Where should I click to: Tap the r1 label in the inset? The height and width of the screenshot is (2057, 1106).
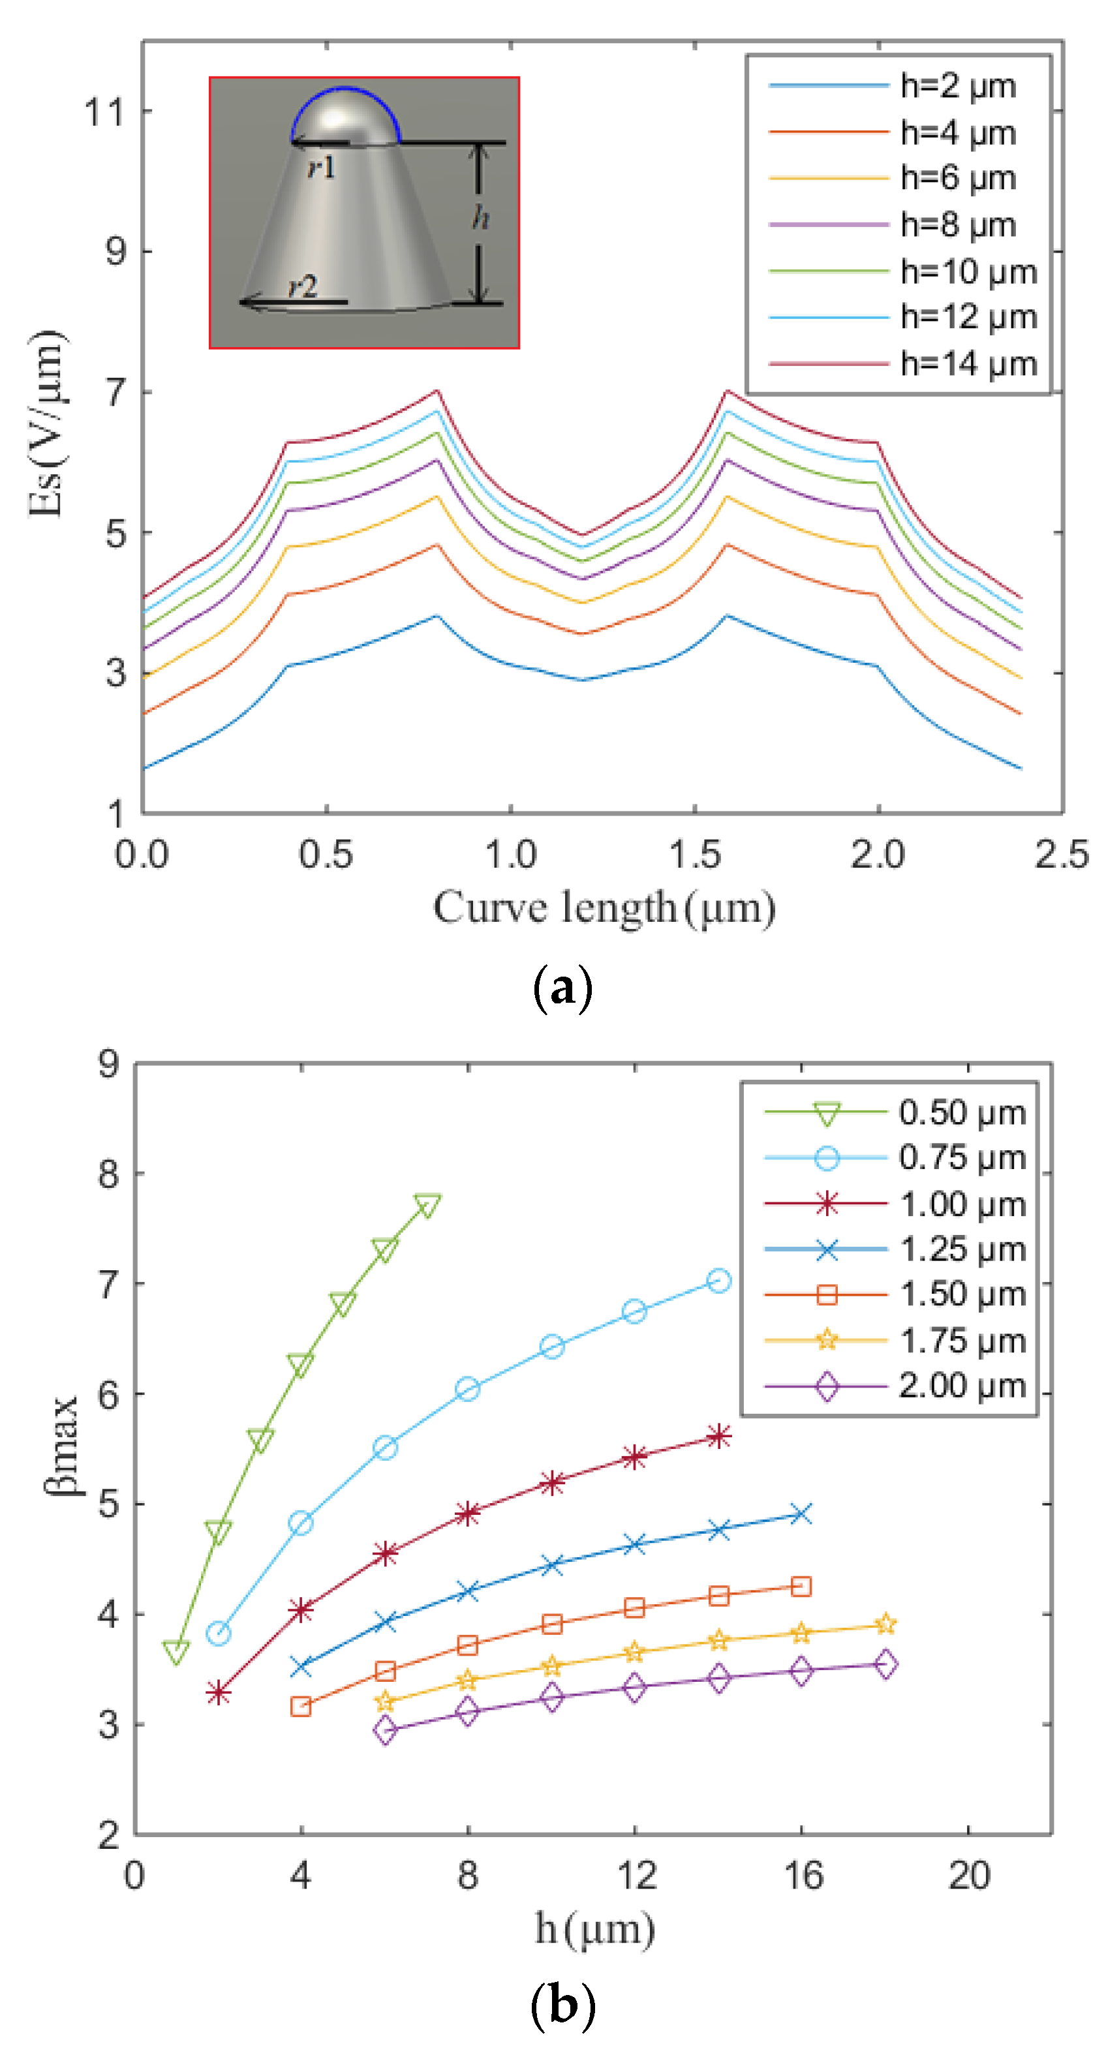click(322, 167)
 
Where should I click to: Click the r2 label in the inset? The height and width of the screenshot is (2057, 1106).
click(303, 286)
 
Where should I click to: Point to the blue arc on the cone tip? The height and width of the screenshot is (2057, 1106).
click(345, 89)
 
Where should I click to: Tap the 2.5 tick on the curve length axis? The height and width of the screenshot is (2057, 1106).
click(1060, 855)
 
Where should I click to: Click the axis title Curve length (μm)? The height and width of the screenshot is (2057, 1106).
click(604, 908)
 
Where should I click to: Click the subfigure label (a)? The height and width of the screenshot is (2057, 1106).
click(562, 988)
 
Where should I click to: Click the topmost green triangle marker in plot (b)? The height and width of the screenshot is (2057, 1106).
click(428, 1205)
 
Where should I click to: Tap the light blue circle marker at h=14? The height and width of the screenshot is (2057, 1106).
click(718, 1281)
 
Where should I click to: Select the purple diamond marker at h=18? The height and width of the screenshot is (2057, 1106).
click(885, 1664)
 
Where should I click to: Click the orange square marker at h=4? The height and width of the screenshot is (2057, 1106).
click(300, 1707)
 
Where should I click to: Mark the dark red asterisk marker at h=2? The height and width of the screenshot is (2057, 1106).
click(218, 1693)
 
